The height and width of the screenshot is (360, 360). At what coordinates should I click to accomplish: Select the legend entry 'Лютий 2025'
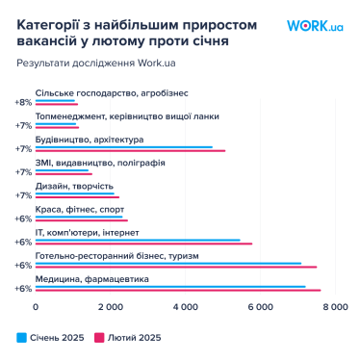coord(130,337)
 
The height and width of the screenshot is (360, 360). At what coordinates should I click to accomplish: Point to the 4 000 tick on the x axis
coord(185,307)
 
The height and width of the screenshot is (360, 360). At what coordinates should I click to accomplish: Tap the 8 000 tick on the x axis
coord(334,307)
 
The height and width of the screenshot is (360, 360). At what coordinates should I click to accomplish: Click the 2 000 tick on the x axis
coord(111,307)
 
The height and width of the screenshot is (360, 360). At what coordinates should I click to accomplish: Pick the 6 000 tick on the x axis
coord(260,307)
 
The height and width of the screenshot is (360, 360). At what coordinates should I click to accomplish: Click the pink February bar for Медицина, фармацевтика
coord(178,290)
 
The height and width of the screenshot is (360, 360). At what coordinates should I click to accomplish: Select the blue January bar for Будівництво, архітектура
coord(124,147)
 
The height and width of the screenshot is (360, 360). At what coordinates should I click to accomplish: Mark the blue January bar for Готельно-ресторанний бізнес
coord(168,263)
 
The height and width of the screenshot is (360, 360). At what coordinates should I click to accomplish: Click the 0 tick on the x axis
coord(37,307)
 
